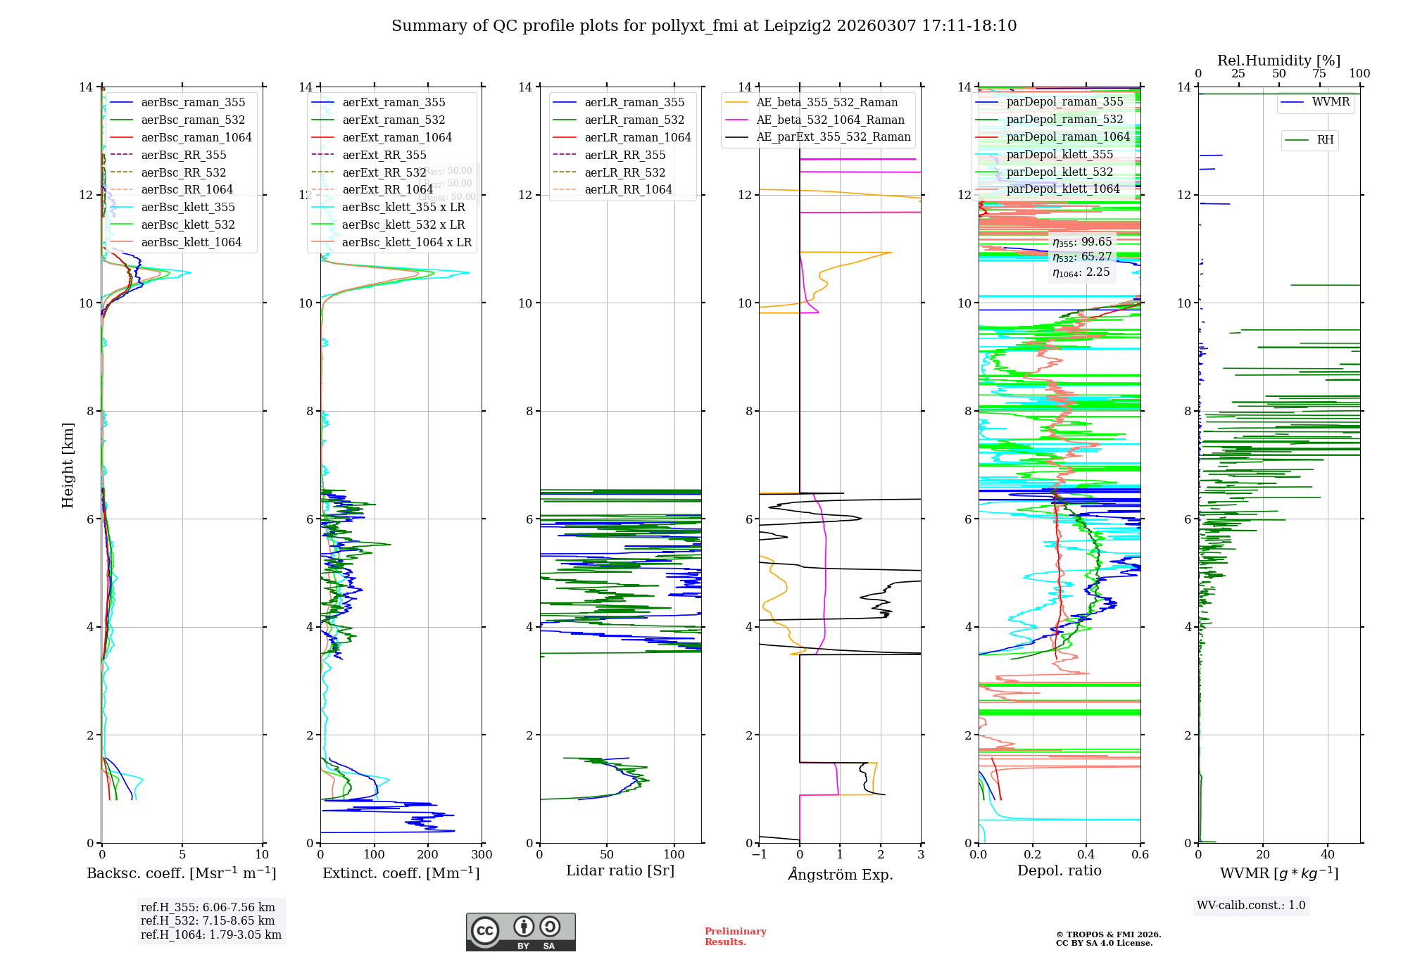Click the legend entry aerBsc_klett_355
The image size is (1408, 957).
click(x=188, y=208)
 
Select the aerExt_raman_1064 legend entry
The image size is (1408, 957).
click(x=397, y=138)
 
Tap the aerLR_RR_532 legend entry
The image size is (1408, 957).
click(x=624, y=172)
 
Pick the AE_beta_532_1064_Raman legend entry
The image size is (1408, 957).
click(x=830, y=120)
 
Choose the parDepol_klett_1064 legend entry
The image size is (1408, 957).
click(x=1062, y=189)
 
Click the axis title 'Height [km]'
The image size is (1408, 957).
click(x=68, y=465)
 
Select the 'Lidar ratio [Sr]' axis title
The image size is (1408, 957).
click(x=620, y=870)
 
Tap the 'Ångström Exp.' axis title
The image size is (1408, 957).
click(x=840, y=875)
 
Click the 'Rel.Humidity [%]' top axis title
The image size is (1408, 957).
click(x=1278, y=61)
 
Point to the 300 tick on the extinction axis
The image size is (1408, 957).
click(x=482, y=855)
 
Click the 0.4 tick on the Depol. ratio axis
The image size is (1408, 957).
click(x=1086, y=855)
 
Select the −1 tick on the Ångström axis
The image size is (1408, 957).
click(x=759, y=855)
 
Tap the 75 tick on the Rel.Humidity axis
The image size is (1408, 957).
click(x=1319, y=74)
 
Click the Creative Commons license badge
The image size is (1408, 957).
click(x=520, y=932)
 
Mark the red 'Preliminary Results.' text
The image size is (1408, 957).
click(x=735, y=937)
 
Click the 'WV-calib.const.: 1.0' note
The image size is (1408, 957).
click(x=1251, y=906)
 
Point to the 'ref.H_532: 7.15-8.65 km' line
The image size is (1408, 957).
click(x=208, y=921)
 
